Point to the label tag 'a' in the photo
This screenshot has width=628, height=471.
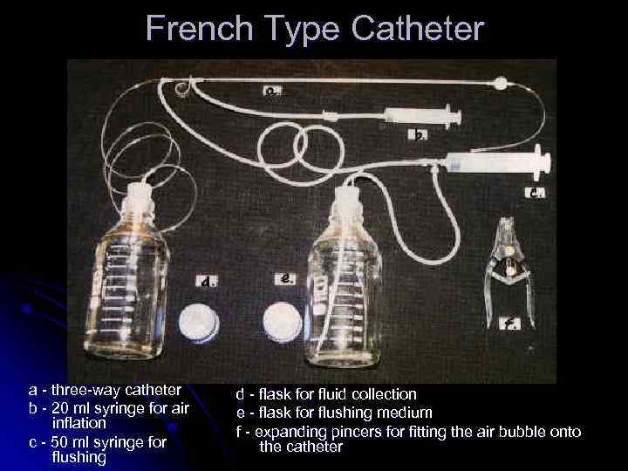pos(272,89)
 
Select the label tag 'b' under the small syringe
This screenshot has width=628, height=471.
pos(420,135)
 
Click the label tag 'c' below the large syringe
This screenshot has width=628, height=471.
pos(535,193)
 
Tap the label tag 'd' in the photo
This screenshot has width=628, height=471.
pos(207,281)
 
